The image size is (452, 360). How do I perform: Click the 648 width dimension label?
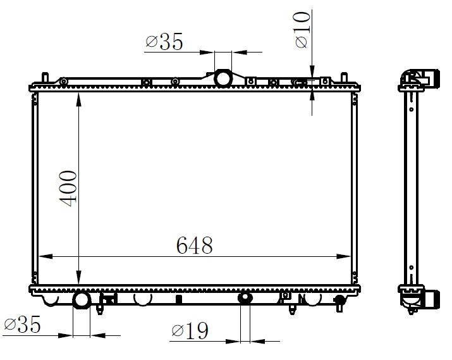(194, 245)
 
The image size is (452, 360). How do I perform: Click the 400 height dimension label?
(68, 189)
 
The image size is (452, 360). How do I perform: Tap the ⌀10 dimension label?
(303, 30)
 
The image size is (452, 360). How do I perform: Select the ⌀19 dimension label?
(190, 330)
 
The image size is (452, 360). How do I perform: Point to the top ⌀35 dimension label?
(164, 42)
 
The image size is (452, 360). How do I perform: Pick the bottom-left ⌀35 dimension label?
(22, 324)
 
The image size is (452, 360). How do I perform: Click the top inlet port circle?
(223, 78)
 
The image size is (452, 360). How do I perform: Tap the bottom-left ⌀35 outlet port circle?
(82, 300)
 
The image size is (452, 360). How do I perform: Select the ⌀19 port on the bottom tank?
(245, 297)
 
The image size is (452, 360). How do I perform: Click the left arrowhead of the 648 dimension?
(46, 256)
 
